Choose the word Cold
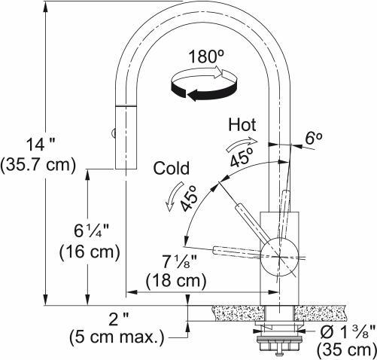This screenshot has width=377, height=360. (171, 168)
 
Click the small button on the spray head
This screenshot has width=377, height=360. (114, 135)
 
